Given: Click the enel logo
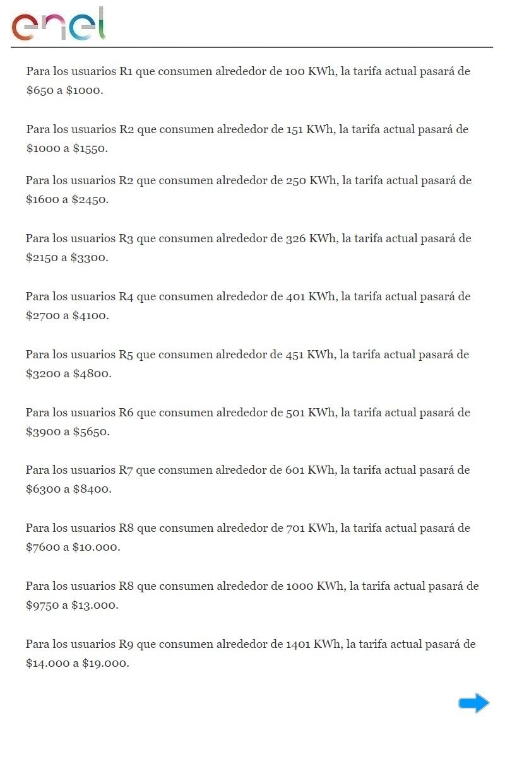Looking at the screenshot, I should click(x=59, y=24).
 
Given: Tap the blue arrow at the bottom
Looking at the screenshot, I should click(x=473, y=703).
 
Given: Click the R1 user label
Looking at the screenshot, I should click(x=126, y=71).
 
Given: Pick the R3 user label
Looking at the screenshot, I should click(x=126, y=238).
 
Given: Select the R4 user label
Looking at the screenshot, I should click(x=126, y=296).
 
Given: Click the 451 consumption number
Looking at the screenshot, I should click(x=295, y=355).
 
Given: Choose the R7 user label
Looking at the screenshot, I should click(x=126, y=470).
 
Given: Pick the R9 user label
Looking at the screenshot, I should click(x=126, y=644).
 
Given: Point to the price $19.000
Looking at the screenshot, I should click(x=105, y=663).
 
